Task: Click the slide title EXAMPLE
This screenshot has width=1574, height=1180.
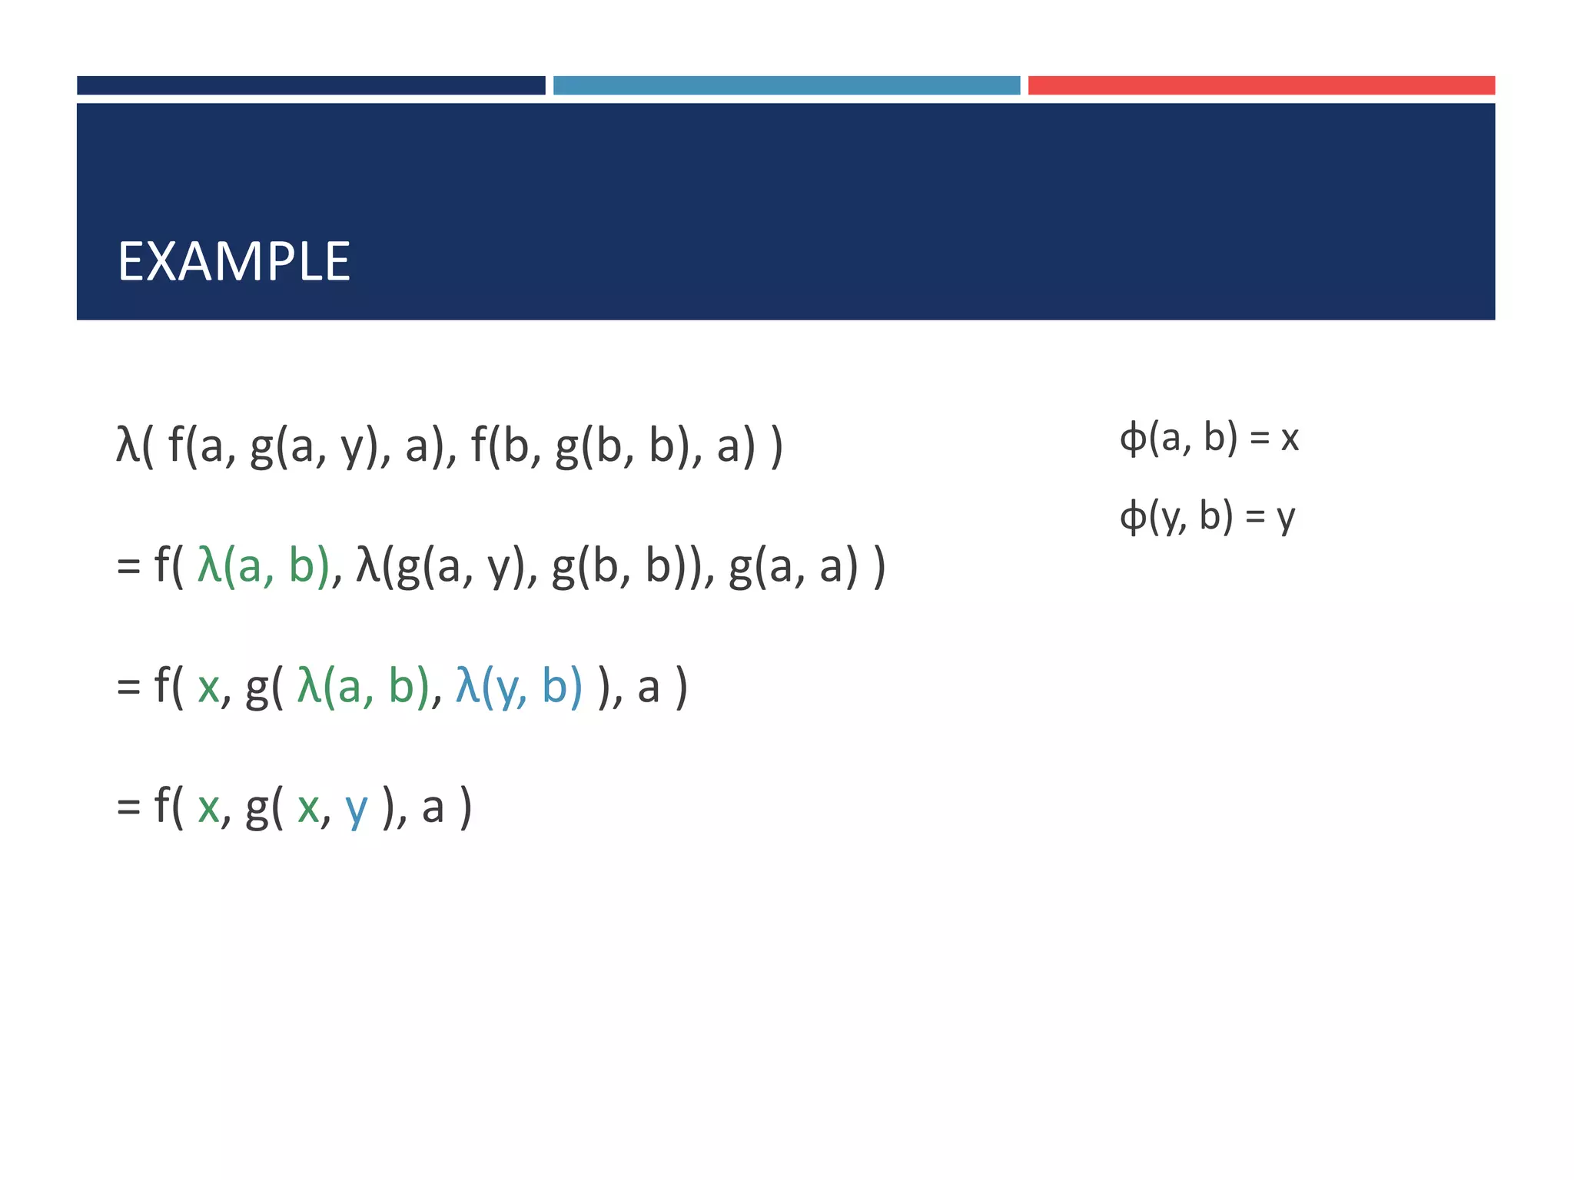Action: point(234,262)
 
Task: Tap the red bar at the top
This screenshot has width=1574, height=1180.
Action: point(1261,85)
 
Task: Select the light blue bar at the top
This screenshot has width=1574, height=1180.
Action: point(786,85)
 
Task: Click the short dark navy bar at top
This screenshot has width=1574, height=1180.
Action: point(310,85)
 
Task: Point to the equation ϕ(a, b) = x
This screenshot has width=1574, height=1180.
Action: point(1209,438)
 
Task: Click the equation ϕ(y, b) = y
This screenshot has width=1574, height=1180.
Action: point(1207,516)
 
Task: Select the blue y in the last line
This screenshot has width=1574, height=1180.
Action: point(357,807)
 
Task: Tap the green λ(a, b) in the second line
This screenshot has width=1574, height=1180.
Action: point(264,566)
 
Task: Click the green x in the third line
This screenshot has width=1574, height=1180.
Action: point(208,688)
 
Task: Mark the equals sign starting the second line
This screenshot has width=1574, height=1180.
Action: point(128,568)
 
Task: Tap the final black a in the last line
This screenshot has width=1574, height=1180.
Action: point(433,808)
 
